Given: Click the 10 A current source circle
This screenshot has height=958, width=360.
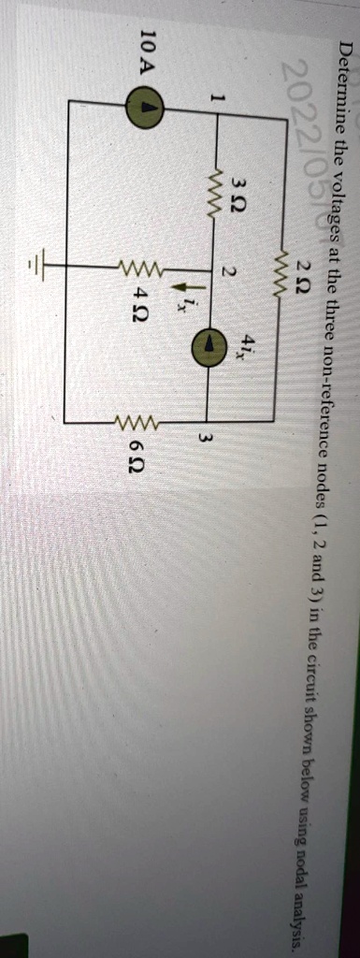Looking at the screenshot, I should point(147,80).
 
